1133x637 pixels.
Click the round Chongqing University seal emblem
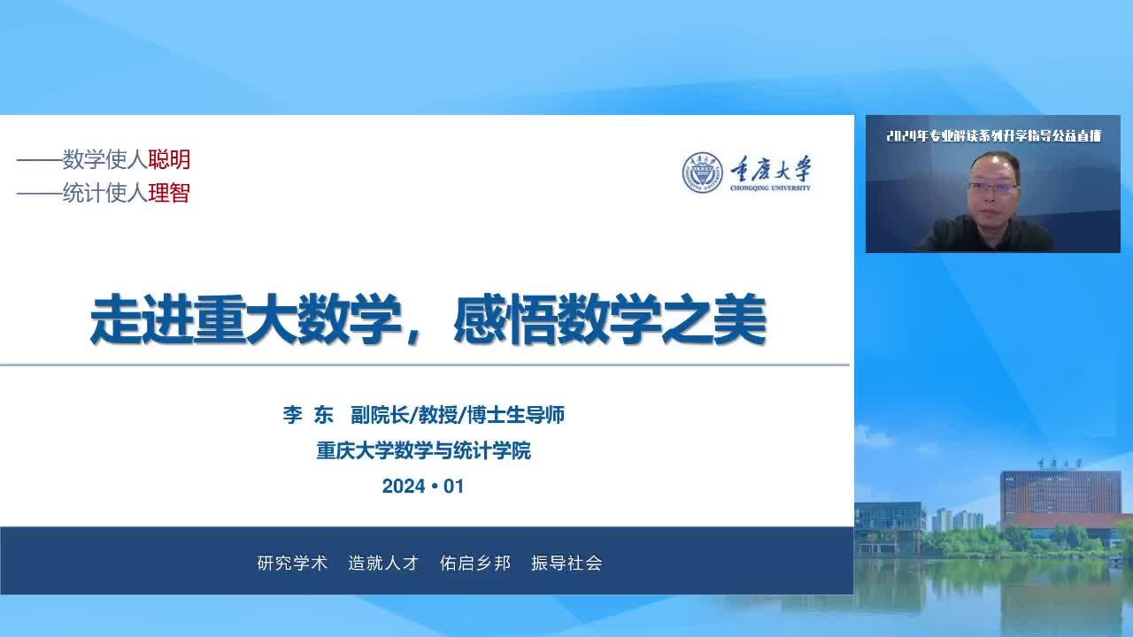click(x=702, y=173)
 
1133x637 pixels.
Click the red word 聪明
click(x=169, y=160)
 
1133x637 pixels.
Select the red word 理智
click(x=169, y=193)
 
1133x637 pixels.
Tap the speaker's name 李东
click(x=308, y=415)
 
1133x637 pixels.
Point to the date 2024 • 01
click(x=423, y=487)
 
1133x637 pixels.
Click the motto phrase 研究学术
click(x=292, y=563)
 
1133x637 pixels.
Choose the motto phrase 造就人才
click(x=383, y=563)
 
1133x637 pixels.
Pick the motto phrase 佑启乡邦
click(x=475, y=563)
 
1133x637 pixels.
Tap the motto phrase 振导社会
click(x=566, y=563)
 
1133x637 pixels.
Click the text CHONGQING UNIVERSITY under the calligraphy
click(x=770, y=188)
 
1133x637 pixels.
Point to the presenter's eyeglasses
click(x=992, y=189)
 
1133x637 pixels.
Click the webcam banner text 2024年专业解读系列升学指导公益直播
click(x=993, y=136)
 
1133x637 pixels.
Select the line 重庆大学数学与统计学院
click(x=423, y=451)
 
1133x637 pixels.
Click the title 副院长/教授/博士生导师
click(x=458, y=415)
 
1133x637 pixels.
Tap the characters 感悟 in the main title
click(x=505, y=319)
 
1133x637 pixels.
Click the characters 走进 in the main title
click(x=143, y=319)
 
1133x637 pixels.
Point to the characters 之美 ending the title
click(x=714, y=319)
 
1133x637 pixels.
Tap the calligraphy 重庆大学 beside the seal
click(x=770, y=168)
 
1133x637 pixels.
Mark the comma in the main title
click(x=412, y=335)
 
